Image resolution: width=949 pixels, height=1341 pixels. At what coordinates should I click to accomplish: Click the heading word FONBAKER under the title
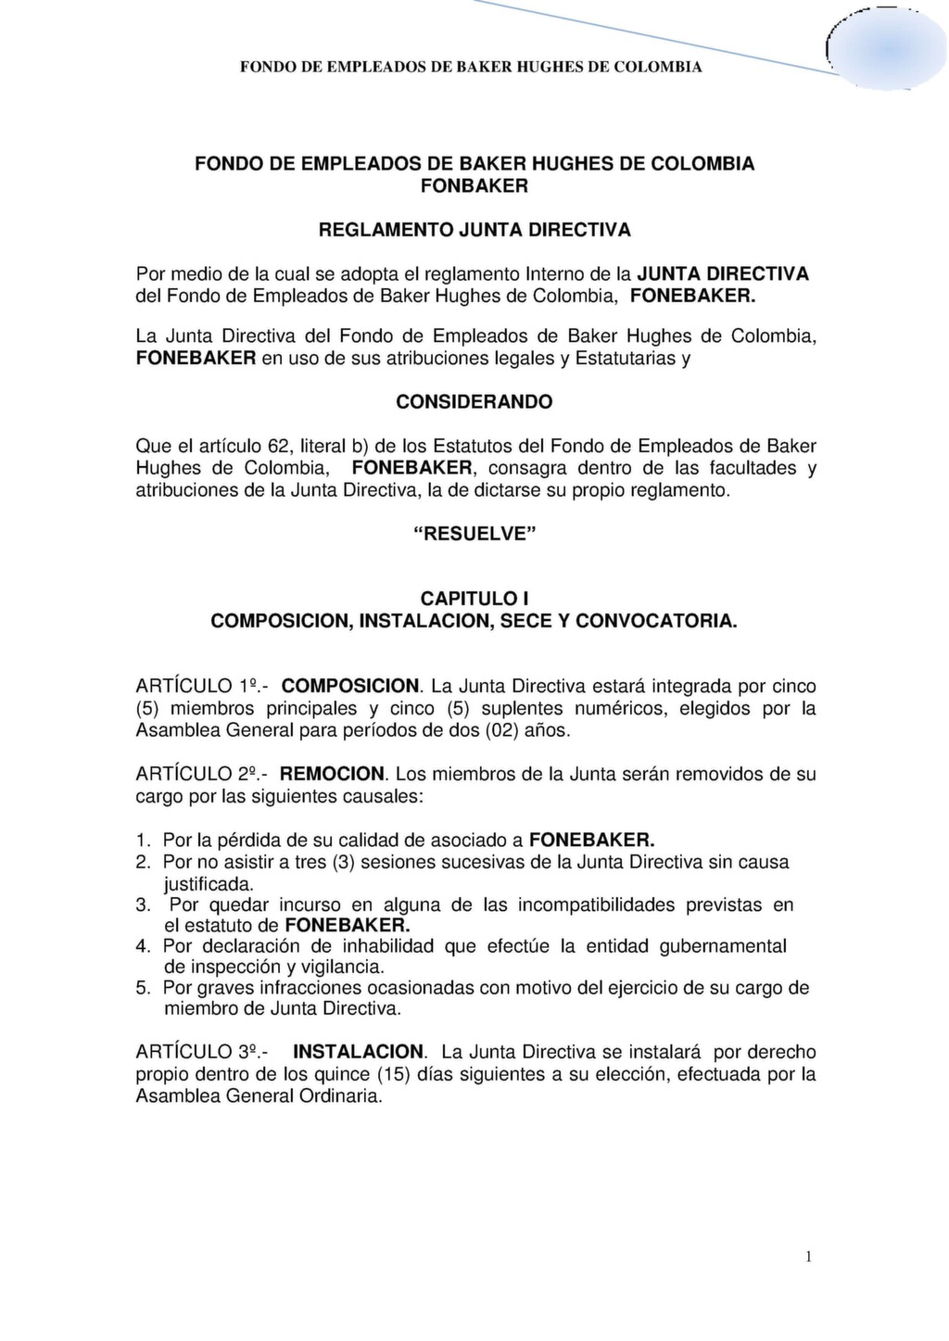[474, 186]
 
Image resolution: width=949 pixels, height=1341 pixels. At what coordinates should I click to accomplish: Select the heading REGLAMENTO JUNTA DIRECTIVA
[474, 229]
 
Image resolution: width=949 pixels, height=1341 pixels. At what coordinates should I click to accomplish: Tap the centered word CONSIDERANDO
[474, 402]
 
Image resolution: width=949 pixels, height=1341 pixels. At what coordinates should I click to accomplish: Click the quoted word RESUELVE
[474, 535]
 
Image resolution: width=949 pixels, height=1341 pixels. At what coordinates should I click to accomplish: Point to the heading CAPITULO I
[474, 599]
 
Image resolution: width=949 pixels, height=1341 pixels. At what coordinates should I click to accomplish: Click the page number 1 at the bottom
[808, 1257]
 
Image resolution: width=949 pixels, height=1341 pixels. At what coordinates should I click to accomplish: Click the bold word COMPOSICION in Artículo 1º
[351, 687]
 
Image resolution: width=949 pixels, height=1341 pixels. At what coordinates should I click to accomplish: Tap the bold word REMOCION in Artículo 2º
[332, 774]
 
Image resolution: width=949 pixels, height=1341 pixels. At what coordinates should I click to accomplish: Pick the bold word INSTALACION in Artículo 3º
[359, 1052]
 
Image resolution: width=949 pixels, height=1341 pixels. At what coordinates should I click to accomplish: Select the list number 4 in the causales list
[143, 946]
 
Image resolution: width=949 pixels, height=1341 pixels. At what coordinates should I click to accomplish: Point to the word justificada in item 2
[208, 884]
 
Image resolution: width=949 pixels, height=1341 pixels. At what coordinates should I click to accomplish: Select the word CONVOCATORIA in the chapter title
[656, 621]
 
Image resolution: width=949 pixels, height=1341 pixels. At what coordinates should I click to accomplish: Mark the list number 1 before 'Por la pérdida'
[143, 841]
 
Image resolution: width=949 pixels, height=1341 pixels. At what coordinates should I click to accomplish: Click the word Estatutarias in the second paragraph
[625, 358]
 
